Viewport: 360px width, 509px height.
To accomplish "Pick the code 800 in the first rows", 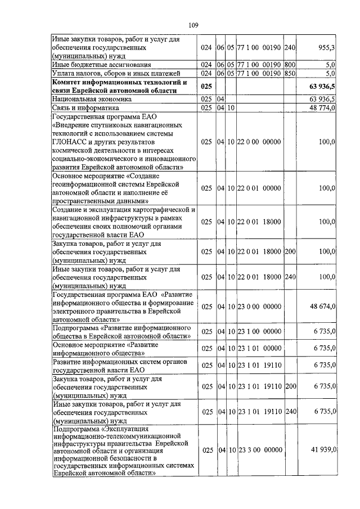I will (x=290, y=65).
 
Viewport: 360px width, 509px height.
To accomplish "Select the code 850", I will (x=290, y=73).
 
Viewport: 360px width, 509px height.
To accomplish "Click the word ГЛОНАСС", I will (x=68, y=143).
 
